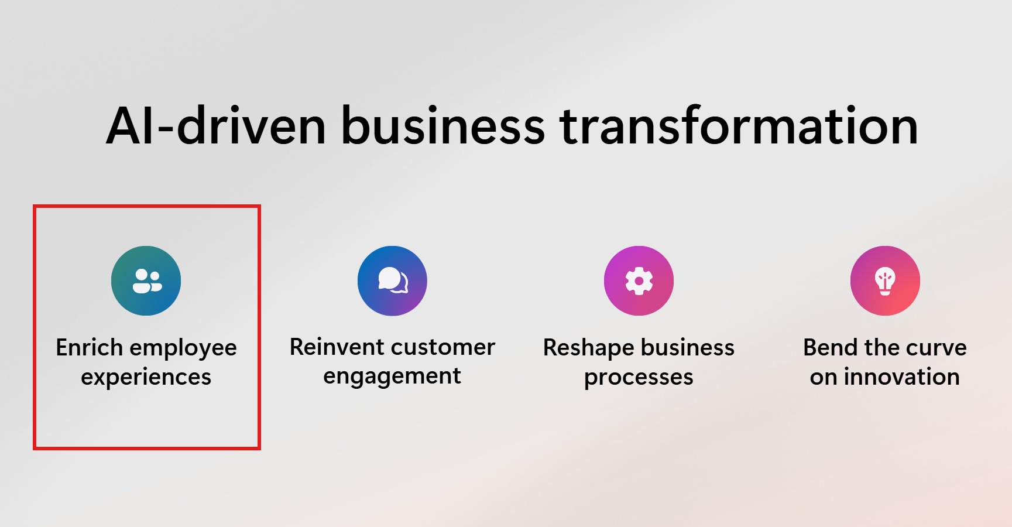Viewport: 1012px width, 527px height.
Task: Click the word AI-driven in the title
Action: (x=216, y=126)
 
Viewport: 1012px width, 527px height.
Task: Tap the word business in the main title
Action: (x=442, y=126)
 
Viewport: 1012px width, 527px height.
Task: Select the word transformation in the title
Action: (x=739, y=126)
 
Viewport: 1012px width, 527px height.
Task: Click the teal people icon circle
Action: (x=146, y=280)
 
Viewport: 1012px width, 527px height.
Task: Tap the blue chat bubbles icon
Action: (x=392, y=280)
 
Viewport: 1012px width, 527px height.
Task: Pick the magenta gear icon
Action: (x=639, y=280)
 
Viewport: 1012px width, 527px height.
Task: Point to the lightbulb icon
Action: (x=885, y=280)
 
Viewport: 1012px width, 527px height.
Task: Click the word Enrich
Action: (x=89, y=347)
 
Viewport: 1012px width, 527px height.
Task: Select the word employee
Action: (x=183, y=348)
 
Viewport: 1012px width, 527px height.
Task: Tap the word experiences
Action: (x=146, y=378)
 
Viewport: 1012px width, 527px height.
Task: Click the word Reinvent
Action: (x=336, y=347)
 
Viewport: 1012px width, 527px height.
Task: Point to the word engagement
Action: (x=392, y=377)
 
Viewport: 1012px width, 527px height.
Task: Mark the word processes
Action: (x=639, y=378)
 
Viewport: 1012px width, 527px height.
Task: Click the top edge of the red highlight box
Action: (x=146, y=206)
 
